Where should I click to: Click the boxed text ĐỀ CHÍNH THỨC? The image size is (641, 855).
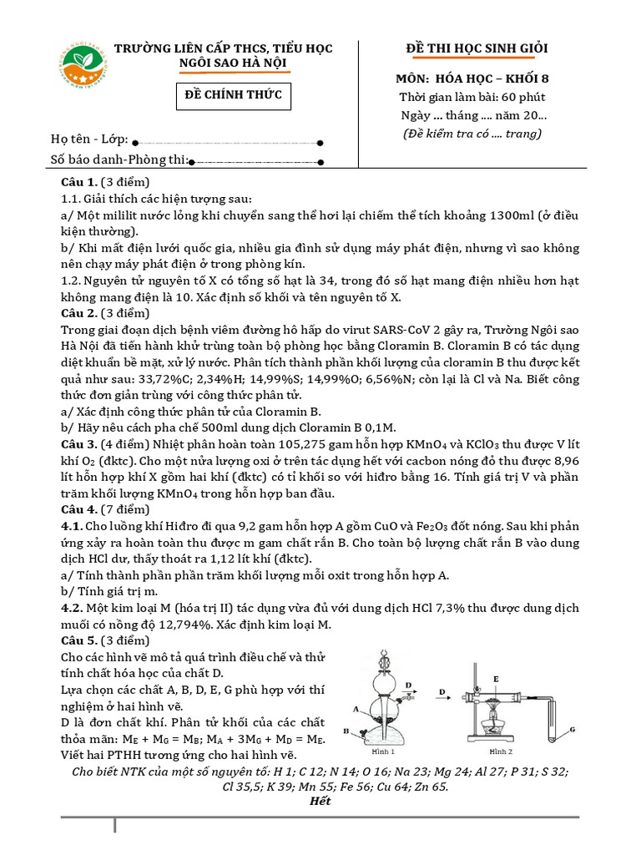pos(233,96)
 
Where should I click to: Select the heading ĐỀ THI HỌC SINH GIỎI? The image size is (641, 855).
pos(470,48)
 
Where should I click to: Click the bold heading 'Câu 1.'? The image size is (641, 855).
pos(79,182)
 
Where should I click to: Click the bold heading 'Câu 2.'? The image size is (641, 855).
pos(79,313)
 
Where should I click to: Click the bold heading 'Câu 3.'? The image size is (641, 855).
pos(79,443)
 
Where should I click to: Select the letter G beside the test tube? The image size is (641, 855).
pos(573,730)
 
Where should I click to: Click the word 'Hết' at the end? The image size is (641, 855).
pos(320,801)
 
